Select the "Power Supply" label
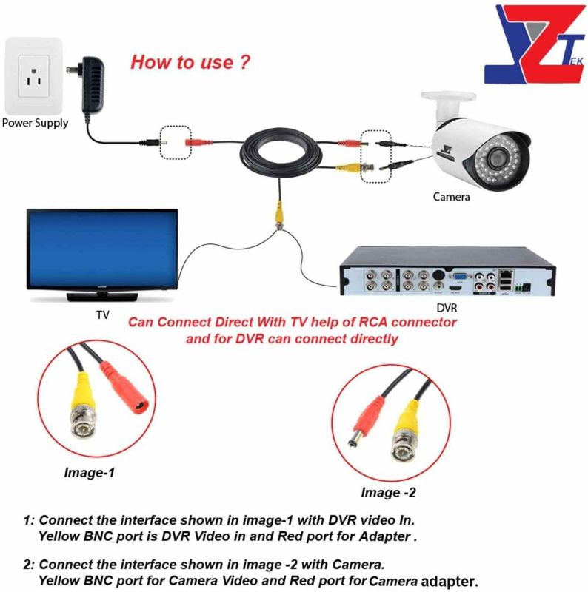[35, 124]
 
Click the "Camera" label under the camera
[451, 197]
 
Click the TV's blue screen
[102, 248]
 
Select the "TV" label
[102, 314]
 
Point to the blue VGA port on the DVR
[459, 280]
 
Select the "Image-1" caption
[90, 471]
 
